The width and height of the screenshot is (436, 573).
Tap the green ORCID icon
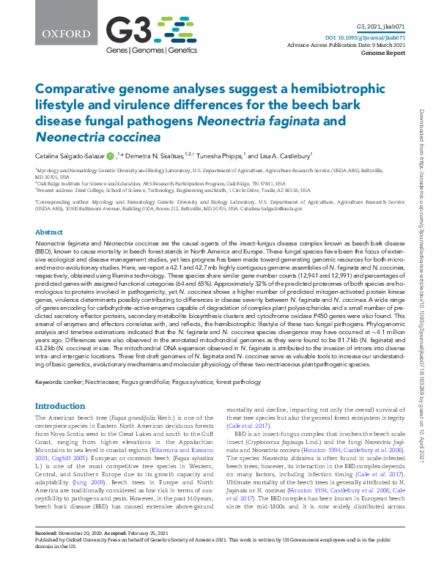tap(109, 155)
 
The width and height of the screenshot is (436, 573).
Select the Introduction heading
tap(60, 405)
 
